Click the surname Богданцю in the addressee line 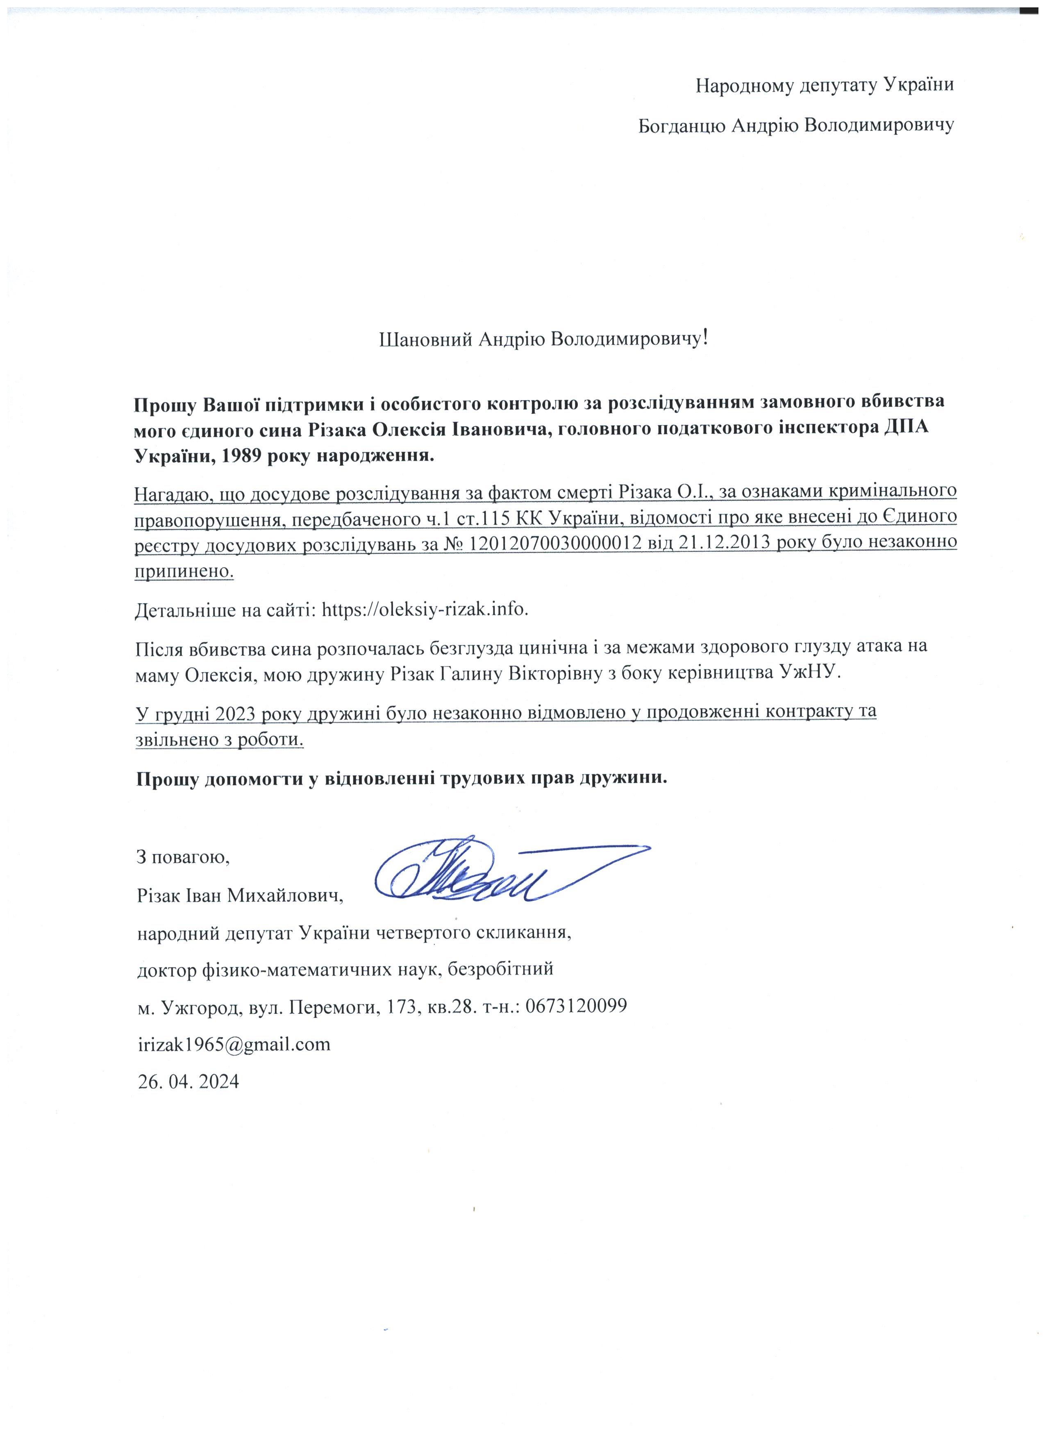pyautogui.click(x=681, y=125)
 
